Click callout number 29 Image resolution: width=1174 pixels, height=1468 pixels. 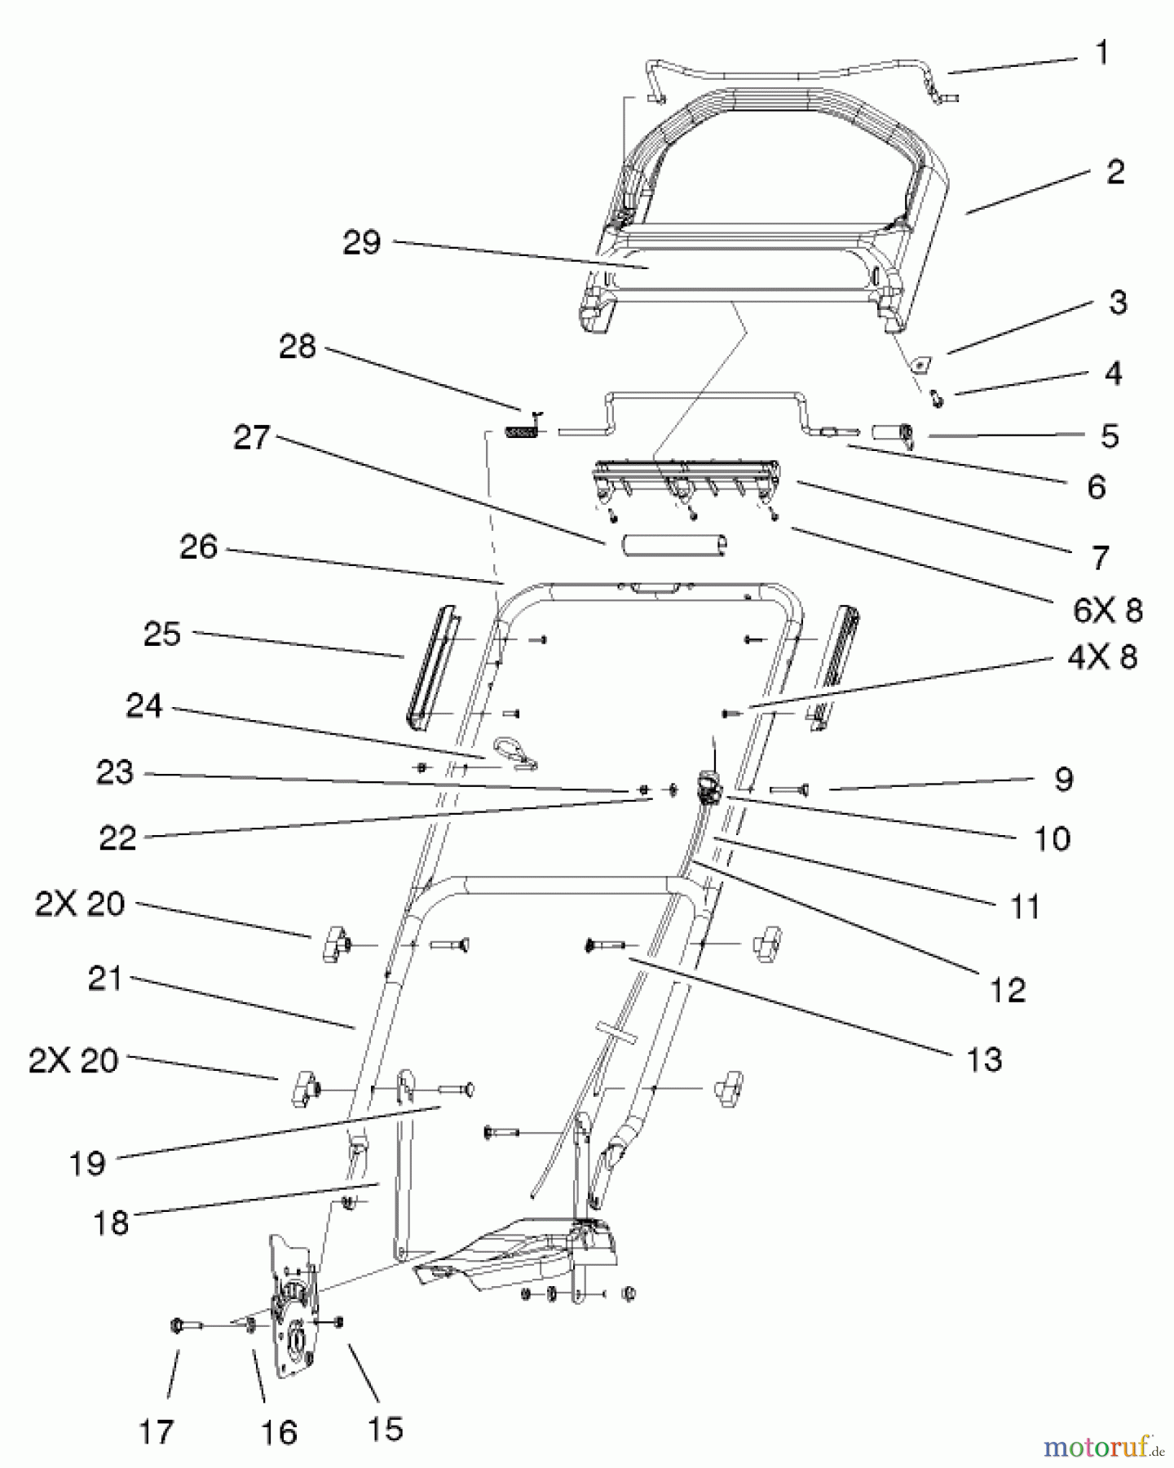(361, 242)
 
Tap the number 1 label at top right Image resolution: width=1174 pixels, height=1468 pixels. (1101, 53)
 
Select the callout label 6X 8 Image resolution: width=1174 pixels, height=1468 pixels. (1108, 610)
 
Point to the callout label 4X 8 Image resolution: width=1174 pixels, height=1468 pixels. (1102, 657)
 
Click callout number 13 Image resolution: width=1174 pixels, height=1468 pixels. (984, 1059)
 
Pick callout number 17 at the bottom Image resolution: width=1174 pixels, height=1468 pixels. (156, 1431)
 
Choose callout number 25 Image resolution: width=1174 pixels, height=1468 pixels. (161, 635)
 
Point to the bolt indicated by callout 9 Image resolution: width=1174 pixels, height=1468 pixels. (788, 789)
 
